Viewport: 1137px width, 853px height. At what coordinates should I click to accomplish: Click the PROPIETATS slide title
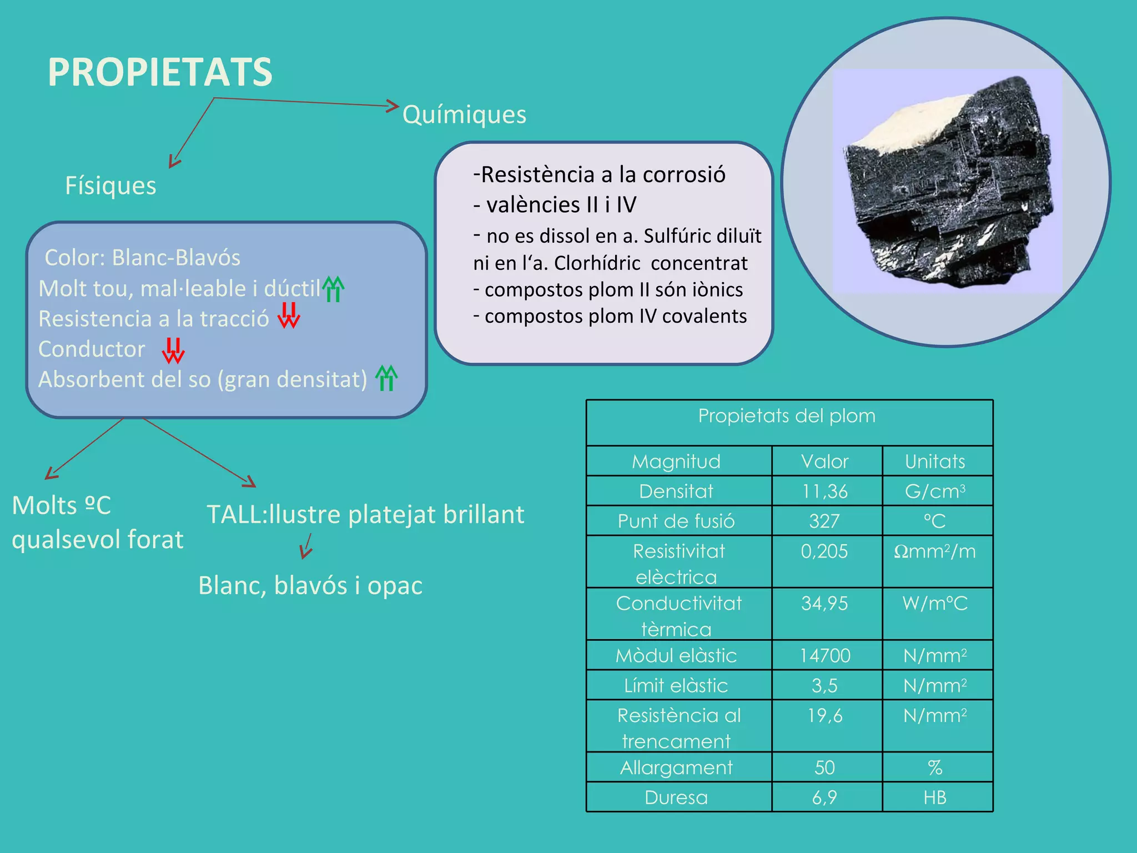click(160, 72)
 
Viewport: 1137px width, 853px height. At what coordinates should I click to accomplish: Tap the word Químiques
click(464, 114)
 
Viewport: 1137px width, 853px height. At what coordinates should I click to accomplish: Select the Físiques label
click(110, 185)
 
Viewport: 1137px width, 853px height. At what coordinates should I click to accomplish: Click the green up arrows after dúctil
click(333, 289)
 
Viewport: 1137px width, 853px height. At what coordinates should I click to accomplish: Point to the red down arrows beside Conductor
click(173, 350)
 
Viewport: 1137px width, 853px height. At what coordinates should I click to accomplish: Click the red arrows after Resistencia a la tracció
click(289, 315)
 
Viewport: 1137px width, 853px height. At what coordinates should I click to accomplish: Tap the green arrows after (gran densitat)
click(386, 378)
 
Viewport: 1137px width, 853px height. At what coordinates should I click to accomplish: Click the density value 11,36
click(825, 491)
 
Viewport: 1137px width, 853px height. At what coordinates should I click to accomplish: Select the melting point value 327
click(824, 521)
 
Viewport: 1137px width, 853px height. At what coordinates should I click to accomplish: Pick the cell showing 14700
click(825, 656)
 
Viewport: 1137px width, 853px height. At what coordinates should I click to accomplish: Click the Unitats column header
click(935, 461)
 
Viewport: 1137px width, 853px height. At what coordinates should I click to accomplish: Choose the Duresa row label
click(676, 797)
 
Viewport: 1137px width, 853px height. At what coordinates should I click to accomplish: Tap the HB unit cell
click(935, 797)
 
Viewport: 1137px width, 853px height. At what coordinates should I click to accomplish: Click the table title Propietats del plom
click(787, 416)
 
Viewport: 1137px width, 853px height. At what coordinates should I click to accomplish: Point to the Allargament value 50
click(825, 767)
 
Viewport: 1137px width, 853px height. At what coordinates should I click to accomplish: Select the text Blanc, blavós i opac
click(310, 585)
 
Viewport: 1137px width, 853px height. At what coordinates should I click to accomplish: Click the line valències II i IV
click(555, 205)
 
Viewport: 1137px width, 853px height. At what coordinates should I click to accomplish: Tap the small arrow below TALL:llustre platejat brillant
click(306, 546)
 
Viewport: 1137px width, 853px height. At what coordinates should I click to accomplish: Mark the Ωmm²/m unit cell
click(935, 551)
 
